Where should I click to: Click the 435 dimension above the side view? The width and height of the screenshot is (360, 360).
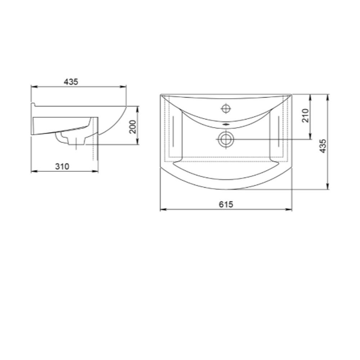(71, 82)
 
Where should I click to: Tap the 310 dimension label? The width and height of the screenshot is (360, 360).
(62, 166)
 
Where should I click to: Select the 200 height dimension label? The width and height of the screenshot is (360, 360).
(133, 127)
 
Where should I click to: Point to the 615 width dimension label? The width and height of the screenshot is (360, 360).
(226, 204)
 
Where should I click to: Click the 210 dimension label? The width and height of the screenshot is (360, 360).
(306, 116)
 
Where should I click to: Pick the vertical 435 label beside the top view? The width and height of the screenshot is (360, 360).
(323, 146)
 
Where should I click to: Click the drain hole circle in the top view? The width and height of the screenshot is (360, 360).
(226, 139)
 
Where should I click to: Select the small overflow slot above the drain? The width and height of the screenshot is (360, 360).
(226, 124)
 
